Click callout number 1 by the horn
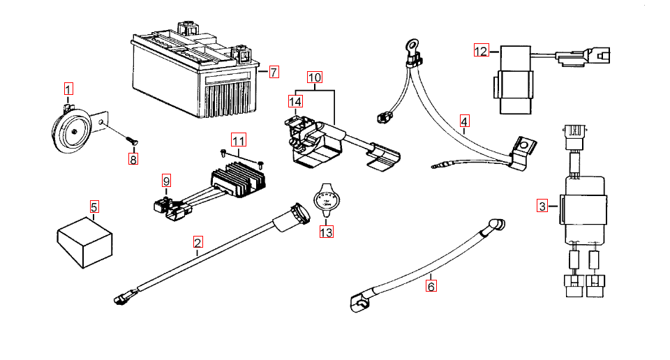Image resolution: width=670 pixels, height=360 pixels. point(68,89)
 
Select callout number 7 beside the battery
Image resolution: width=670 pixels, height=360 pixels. point(274,72)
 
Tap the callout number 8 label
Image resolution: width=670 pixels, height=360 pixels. point(133,158)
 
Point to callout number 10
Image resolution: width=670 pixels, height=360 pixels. point(314,77)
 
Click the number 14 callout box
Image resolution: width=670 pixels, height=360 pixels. point(295,102)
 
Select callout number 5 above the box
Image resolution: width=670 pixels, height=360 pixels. point(94,207)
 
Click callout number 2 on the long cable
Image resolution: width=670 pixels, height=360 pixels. point(198,243)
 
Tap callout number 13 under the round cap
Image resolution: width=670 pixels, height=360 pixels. point(327,232)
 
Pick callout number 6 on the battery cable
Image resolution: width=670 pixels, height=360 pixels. point(431,285)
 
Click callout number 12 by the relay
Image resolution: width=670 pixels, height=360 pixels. point(482,51)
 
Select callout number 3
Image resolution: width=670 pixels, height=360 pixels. point(542,206)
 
